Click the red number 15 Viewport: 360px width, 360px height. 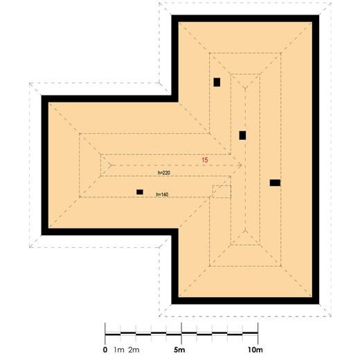coord(205,160)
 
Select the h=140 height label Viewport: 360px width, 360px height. coord(163,194)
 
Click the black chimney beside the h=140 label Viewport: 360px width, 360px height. coord(140,192)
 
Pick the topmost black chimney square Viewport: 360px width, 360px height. coord(217,82)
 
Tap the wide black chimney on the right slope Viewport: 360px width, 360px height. coord(275,183)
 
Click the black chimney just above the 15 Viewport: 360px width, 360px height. coord(242,135)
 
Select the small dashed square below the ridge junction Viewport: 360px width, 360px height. coord(221,191)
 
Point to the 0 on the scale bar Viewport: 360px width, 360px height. coord(105,350)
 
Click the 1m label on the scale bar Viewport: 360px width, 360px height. coord(119,350)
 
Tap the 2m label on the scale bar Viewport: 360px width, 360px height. coord(134,350)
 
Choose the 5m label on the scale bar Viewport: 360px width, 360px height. coord(181,350)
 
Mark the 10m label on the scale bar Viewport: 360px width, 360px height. coord(255,350)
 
